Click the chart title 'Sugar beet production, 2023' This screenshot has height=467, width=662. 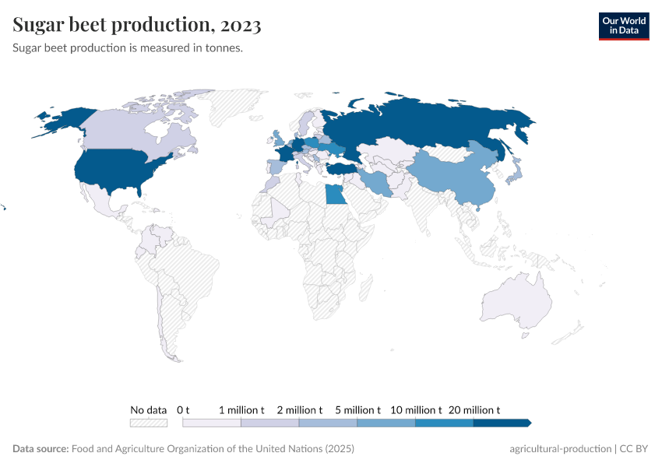pos(137,25)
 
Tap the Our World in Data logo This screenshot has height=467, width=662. pos(623,26)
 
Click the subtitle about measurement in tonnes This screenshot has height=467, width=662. pos(129,48)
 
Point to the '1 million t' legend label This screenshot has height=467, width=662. pos(241,409)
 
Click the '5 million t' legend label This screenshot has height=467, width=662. pos(357,409)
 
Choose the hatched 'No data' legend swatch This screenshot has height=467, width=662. pos(149,423)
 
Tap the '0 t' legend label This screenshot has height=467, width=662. pos(184,409)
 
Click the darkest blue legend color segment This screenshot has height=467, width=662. pos(501,423)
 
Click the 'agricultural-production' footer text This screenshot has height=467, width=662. pos(560,449)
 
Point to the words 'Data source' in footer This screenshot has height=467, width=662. pos(40,449)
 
